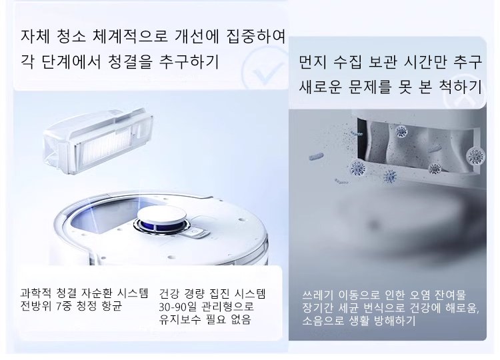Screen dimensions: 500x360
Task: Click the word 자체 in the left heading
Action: point(35,36)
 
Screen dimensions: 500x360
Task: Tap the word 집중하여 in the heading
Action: point(256,36)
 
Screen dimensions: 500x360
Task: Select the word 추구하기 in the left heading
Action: point(189,61)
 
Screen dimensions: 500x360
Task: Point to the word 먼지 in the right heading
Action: point(313,62)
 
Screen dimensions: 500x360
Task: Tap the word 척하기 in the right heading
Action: point(460,86)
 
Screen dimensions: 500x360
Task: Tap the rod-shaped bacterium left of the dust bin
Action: point(316,157)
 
